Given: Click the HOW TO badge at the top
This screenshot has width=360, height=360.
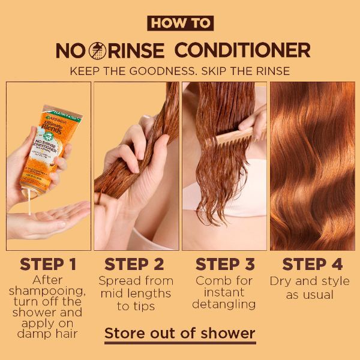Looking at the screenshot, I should click(180, 23).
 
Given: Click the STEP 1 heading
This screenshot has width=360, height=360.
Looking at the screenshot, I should click(48, 264).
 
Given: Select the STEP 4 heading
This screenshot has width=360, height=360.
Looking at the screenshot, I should click(312, 264).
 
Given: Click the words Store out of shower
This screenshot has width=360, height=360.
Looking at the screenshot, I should click(180, 333).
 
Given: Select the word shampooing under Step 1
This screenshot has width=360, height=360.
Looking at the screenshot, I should click(48, 292).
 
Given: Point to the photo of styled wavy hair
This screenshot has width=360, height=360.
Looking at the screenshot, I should click(312, 165).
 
